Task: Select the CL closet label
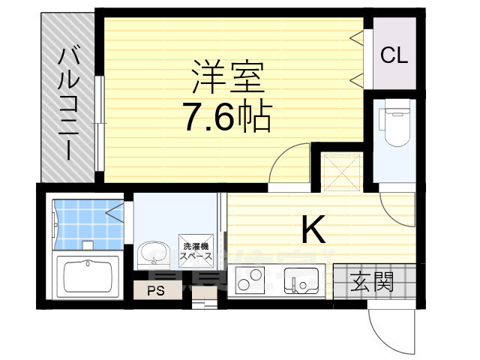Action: click(393, 55)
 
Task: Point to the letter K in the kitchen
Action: click(313, 230)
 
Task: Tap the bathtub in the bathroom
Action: click(88, 274)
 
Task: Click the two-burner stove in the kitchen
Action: click(253, 280)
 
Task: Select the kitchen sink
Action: click(303, 282)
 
